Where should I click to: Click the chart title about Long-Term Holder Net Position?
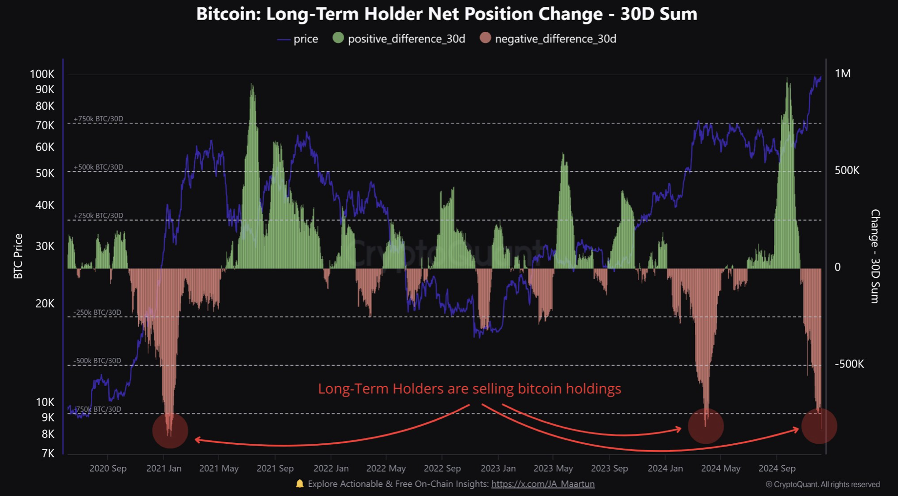(446, 14)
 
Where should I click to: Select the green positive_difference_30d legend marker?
(338, 38)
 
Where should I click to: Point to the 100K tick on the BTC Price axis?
(42, 74)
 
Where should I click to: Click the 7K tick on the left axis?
(48, 454)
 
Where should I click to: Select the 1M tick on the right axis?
(842, 74)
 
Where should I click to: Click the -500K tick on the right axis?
(849, 364)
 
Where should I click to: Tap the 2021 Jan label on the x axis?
(164, 469)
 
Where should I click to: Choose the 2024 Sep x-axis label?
(776, 469)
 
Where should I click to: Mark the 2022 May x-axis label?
(386, 469)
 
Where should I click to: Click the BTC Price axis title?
(18, 256)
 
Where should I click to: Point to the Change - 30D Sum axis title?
(875, 256)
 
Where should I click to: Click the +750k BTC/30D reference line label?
(98, 119)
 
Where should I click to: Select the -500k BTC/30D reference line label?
(97, 361)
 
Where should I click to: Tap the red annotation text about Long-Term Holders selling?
(469, 389)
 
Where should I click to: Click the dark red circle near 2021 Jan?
(170, 431)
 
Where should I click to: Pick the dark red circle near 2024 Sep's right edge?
(819, 426)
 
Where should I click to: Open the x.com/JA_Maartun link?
(543, 484)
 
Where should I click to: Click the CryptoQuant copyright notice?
(822, 484)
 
